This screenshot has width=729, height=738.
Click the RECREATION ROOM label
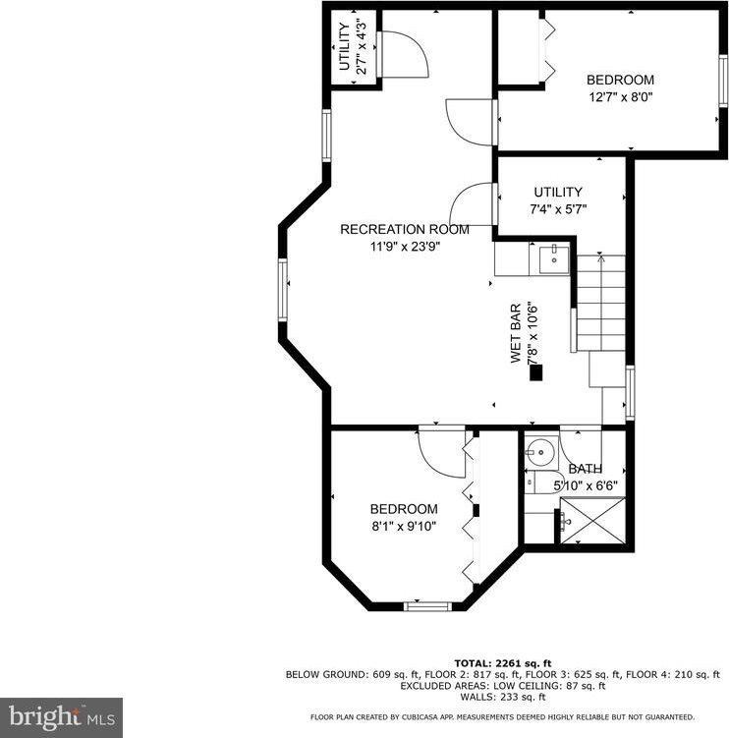(404, 229)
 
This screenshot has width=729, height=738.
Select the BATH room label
(586, 469)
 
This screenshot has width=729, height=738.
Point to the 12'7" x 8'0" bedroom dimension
(620, 97)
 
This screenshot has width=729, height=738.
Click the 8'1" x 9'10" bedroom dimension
(403, 526)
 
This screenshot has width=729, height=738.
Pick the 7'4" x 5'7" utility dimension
(558, 209)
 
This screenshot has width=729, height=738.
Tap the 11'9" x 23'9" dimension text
(404, 247)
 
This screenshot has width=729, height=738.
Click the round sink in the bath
(538, 453)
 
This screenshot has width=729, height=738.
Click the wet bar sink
(550, 259)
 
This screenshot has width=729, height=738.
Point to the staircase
(599, 305)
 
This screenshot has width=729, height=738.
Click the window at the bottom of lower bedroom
(426, 606)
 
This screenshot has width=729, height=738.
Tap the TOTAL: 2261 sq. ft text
(502, 662)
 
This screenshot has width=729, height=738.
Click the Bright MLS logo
(61, 715)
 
